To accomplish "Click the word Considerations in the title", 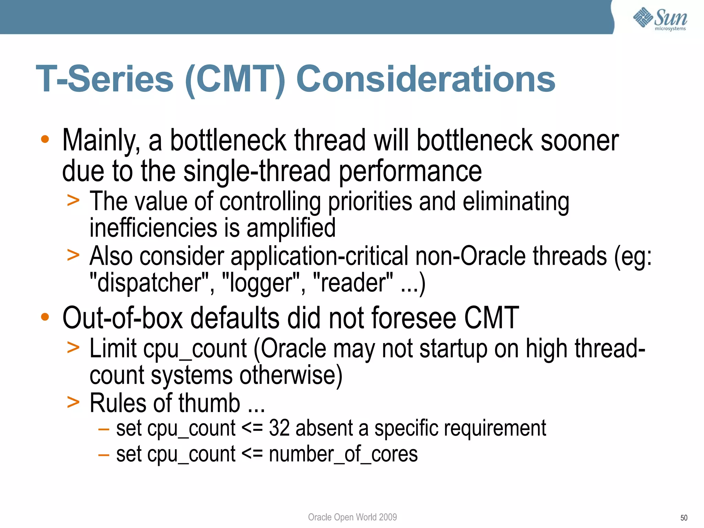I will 426,79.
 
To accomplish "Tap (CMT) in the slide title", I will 235,79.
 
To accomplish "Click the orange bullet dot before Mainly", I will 45,139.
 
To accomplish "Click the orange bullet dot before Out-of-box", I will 45,317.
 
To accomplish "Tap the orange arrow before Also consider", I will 73,255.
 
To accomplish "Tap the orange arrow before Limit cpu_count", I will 73,348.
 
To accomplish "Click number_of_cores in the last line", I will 343,454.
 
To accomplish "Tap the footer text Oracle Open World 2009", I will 352,517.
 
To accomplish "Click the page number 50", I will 683,518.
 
